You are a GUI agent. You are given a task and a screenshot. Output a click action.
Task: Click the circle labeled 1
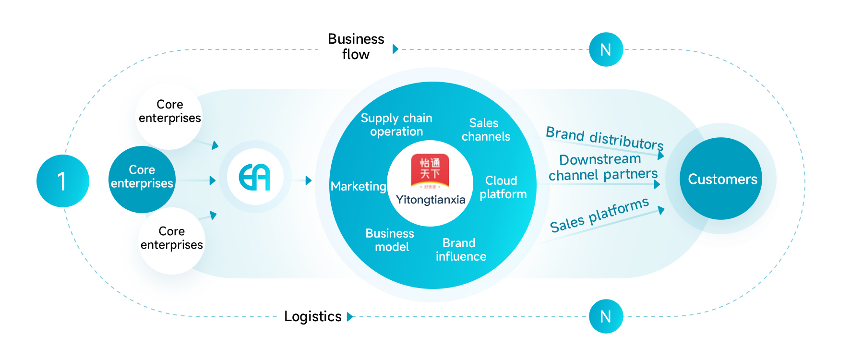click(x=62, y=181)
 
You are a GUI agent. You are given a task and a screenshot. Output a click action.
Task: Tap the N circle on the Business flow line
click(x=606, y=49)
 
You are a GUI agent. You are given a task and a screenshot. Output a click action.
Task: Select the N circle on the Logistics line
click(x=606, y=316)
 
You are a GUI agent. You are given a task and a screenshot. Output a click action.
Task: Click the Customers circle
click(x=721, y=179)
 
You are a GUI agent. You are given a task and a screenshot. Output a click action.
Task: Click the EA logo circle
click(x=255, y=177)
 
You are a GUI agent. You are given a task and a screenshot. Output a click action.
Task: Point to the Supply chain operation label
click(x=396, y=125)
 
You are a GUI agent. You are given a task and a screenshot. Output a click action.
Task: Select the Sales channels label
click(x=485, y=130)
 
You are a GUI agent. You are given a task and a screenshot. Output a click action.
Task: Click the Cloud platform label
click(x=503, y=187)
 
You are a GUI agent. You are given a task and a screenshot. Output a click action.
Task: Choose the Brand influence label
click(x=460, y=250)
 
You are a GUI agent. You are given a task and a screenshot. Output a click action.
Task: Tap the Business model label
click(x=390, y=240)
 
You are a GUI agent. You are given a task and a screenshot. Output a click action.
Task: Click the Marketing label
click(x=359, y=186)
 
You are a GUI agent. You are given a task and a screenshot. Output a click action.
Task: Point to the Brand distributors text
click(x=604, y=138)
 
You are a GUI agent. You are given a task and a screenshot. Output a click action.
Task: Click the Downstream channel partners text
click(x=602, y=167)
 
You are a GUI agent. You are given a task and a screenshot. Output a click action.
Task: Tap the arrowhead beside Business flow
click(x=395, y=49)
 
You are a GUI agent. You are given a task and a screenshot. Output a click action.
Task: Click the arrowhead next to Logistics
click(x=350, y=317)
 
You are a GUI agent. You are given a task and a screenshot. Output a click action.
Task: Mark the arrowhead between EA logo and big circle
click(x=308, y=180)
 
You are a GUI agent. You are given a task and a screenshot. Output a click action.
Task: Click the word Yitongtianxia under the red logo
click(x=431, y=200)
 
